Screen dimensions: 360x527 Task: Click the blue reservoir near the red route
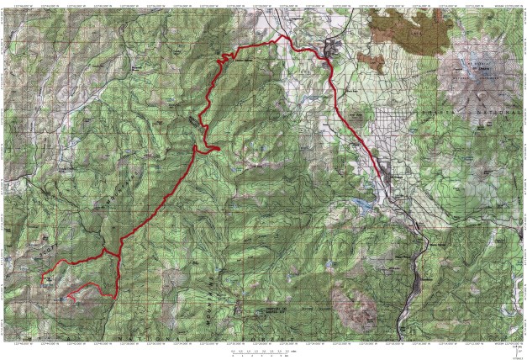pyautogui.click(x=364, y=204)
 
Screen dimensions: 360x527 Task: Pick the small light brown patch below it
pyautogui.click(x=370, y=60)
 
